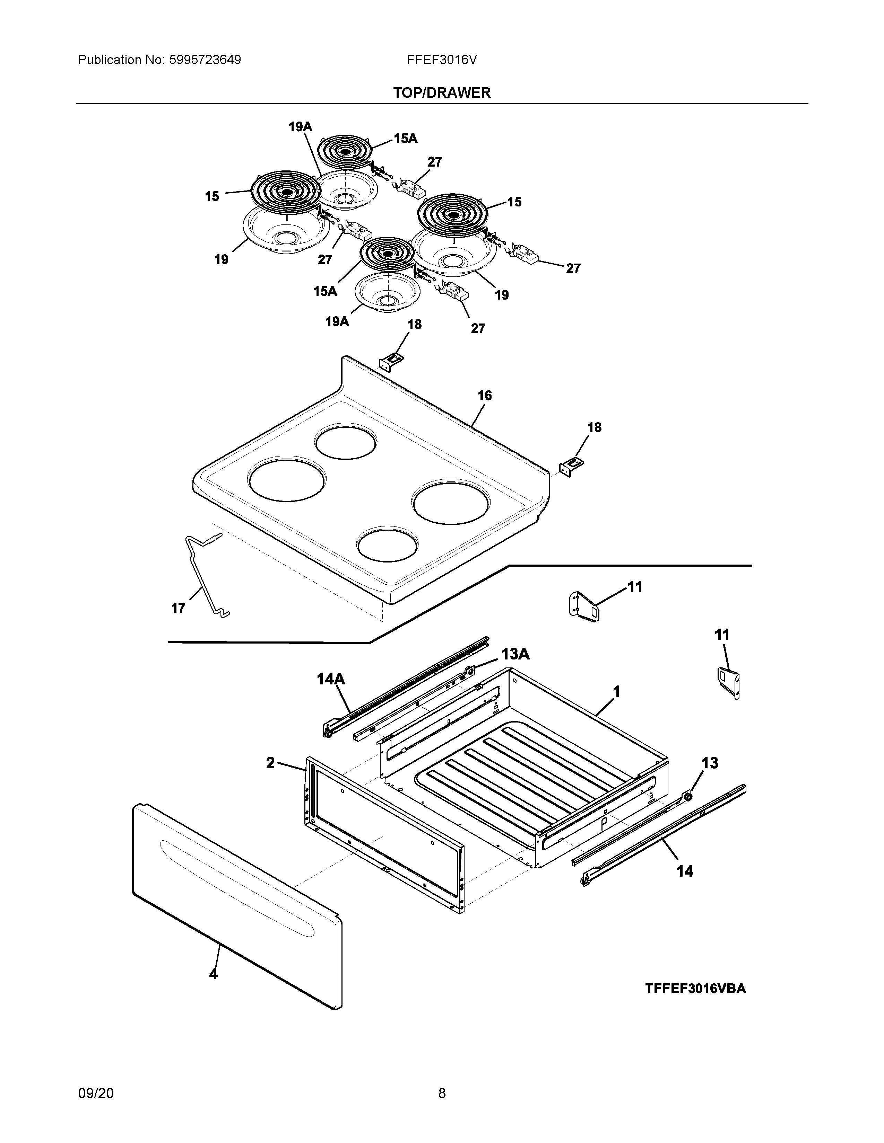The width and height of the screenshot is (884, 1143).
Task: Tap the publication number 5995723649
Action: point(205,60)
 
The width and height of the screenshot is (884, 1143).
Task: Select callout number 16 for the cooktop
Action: point(484,396)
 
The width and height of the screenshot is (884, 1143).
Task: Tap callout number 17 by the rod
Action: point(178,608)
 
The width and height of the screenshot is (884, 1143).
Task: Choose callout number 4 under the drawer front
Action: point(213,974)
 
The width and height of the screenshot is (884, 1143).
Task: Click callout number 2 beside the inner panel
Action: point(270,763)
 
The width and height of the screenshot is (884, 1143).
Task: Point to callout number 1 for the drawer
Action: point(616,692)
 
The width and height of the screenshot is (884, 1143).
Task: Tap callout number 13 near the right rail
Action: point(710,763)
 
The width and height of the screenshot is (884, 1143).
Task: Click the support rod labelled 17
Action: point(204,576)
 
